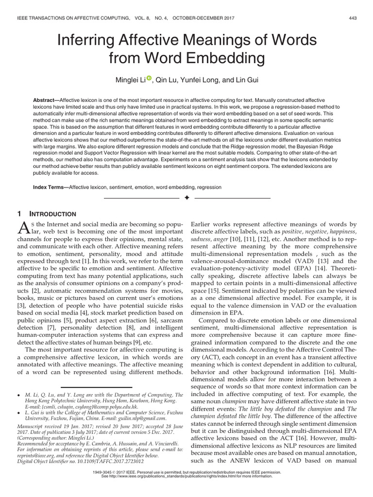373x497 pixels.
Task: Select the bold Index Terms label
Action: (x=51, y=187)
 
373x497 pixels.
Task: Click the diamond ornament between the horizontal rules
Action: (x=186, y=199)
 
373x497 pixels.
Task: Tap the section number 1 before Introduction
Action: (x=19, y=214)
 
